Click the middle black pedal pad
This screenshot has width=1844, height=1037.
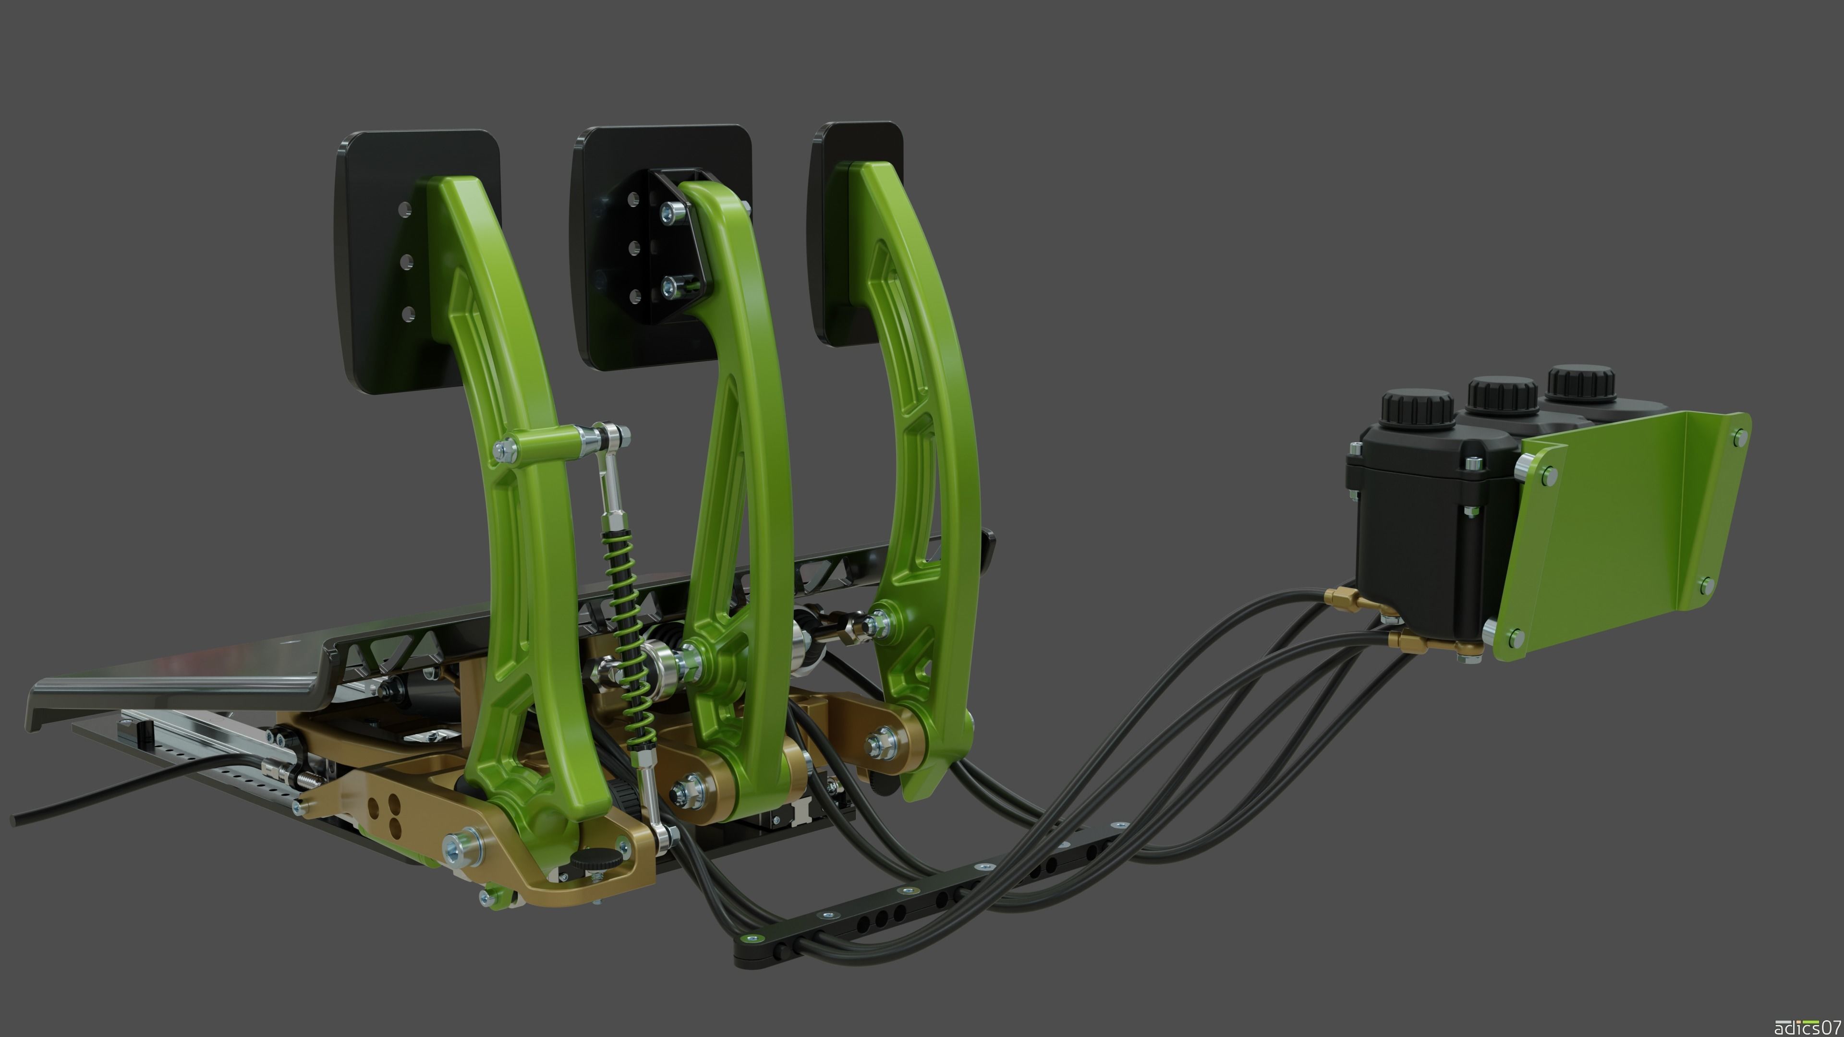point(608,322)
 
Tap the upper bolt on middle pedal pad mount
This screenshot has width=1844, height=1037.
point(671,211)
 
